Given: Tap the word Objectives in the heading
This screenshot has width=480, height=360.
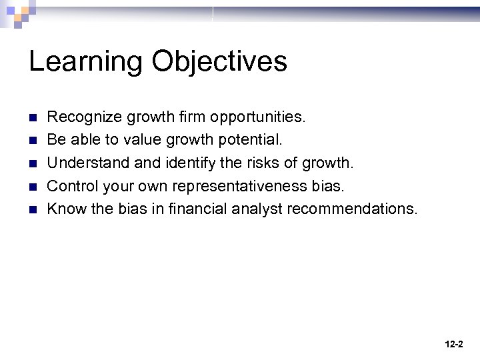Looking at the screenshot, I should (219, 62).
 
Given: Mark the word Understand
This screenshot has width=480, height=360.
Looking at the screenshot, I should (83, 163).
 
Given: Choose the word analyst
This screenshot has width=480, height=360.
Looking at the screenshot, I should (257, 209).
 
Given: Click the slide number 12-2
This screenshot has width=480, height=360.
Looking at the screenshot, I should (453, 344).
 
